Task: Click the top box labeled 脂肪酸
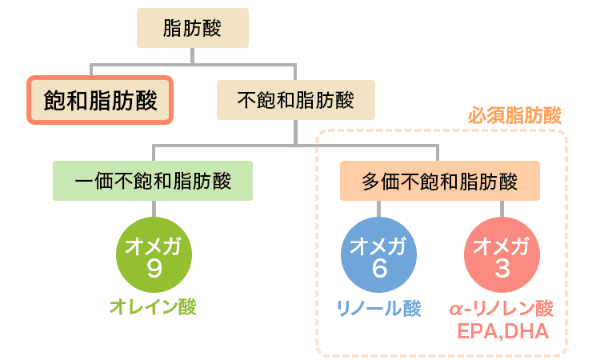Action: pyautogui.click(x=191, y=30)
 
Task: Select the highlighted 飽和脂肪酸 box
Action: pyautogui.click(x=100, y=100)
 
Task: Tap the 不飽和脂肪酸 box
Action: pyautogui.click(x=296, y=100)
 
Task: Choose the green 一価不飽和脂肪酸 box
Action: pyautogui.click(x=153, y=181)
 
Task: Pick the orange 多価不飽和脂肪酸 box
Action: pyautogui.click(x=439, y=181)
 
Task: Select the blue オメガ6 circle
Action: pyautogui.click(x=378, y=257)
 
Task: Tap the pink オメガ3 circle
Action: pyautogui.click(x=502, y=257)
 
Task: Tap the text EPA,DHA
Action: pyautogui.click(x=502, y=330)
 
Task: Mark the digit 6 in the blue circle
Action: pyautogui.click(x=378, y=269)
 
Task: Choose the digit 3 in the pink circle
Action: pyautogui.click(x=502, y=269)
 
